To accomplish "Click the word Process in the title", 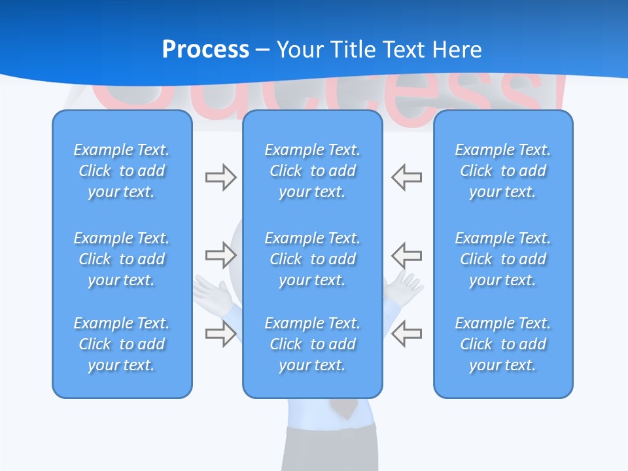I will [x=205, y=50].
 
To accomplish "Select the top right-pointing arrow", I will [x=220, y=177].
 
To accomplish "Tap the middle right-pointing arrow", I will [x=220, y=255].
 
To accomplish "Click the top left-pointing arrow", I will [x=407, y=177].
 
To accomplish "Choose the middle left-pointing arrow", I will [x=407, y=255].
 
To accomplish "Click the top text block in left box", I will [x=122, y=171].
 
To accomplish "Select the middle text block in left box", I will [x=122, y=259].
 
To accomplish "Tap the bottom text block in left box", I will [x=122, y=344].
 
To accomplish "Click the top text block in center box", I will [x=313, y=171].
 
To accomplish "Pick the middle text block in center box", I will [x=313, y=259].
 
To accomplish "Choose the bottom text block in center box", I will [x=313, y=344].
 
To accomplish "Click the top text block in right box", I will [x=503, y=171].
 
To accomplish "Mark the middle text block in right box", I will [x=503, y=259].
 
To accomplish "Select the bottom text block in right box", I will [x=503, y=344].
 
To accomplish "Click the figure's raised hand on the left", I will [x=213, y=291].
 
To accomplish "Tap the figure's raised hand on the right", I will [x=404, y=288].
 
